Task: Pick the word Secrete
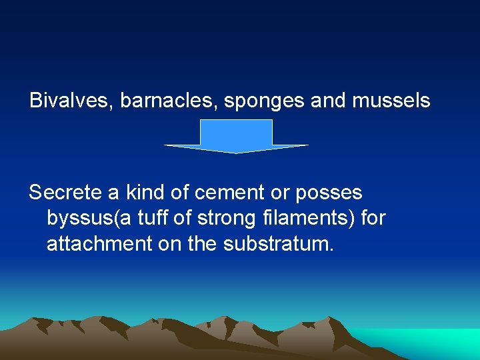coord(65,193)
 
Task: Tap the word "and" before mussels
coord(328,101)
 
